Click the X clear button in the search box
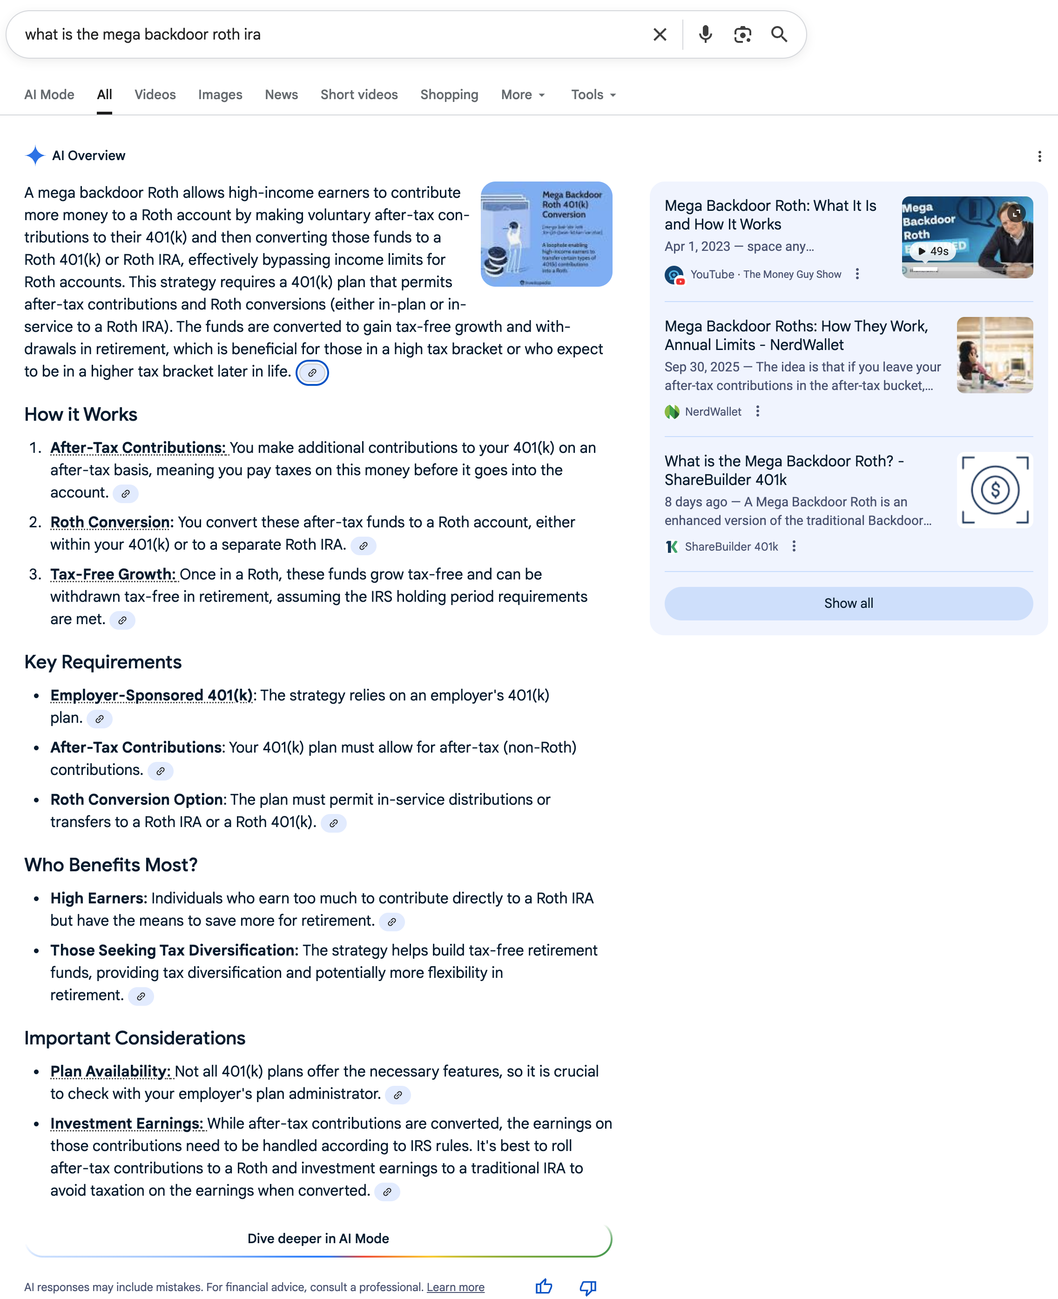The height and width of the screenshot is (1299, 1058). point(660,35)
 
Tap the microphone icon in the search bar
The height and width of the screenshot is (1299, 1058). point(705,35)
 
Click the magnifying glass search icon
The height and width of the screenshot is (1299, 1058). point(779,35)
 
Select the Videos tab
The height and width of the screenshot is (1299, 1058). point(155,95)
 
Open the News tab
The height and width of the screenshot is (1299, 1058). point(281,95)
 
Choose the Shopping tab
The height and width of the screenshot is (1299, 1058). point(449,95)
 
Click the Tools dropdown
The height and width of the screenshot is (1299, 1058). point(593,95)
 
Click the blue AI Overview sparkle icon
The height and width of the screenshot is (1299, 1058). point(35,156)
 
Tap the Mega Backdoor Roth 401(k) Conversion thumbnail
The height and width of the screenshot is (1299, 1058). point(546,234)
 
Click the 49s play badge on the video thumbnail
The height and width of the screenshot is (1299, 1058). point(933,251)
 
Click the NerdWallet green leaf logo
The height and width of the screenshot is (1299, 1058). point(672,412)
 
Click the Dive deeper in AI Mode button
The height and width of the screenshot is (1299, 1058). point(318,1238)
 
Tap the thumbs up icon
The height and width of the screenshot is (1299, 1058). point(544,1287)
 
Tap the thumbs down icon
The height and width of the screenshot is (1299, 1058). point(587,1287)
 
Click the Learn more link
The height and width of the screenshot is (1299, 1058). point(455,1287)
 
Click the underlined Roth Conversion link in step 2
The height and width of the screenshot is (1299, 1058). point(110,522)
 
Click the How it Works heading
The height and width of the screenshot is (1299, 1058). point(81,414)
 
